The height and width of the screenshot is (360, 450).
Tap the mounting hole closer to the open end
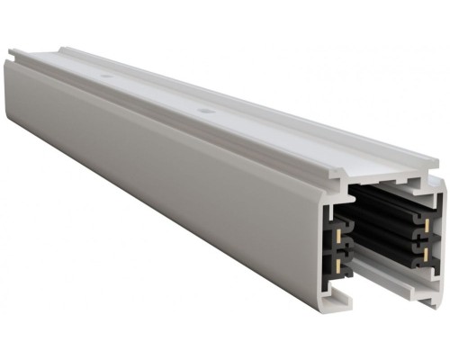point(207,111)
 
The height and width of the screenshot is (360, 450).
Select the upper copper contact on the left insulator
point(337,233)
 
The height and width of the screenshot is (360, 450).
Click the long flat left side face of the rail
point(162,180)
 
